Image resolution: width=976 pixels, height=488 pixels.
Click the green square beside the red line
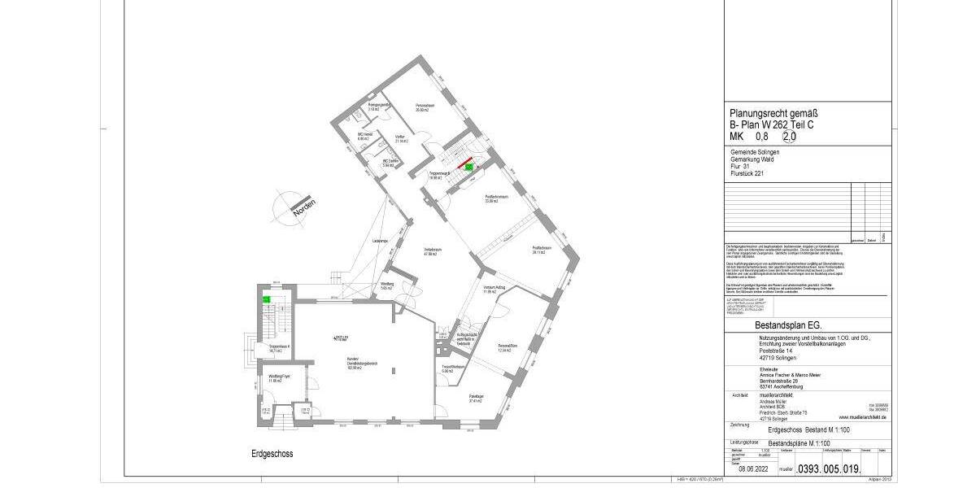pos(468,166)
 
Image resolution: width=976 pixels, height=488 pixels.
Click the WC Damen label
pos(390,162)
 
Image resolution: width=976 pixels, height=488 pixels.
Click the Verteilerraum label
pos(431,251)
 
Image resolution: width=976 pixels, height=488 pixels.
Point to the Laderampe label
pos(378,242)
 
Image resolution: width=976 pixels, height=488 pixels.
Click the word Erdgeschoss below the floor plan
pos(272,454)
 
